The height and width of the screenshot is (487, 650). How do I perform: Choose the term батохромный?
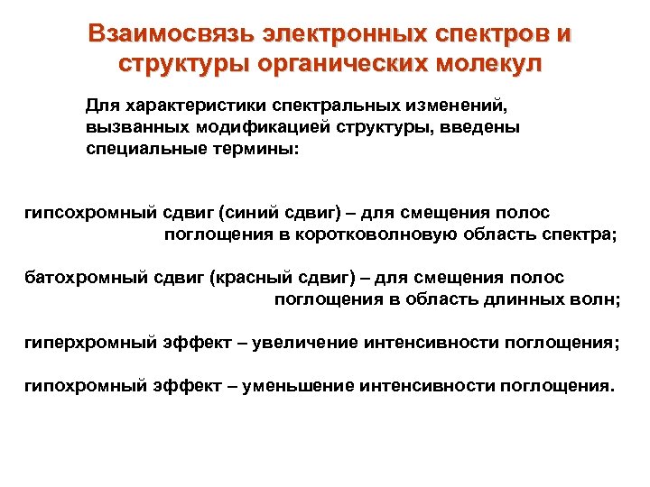click(80, 279)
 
